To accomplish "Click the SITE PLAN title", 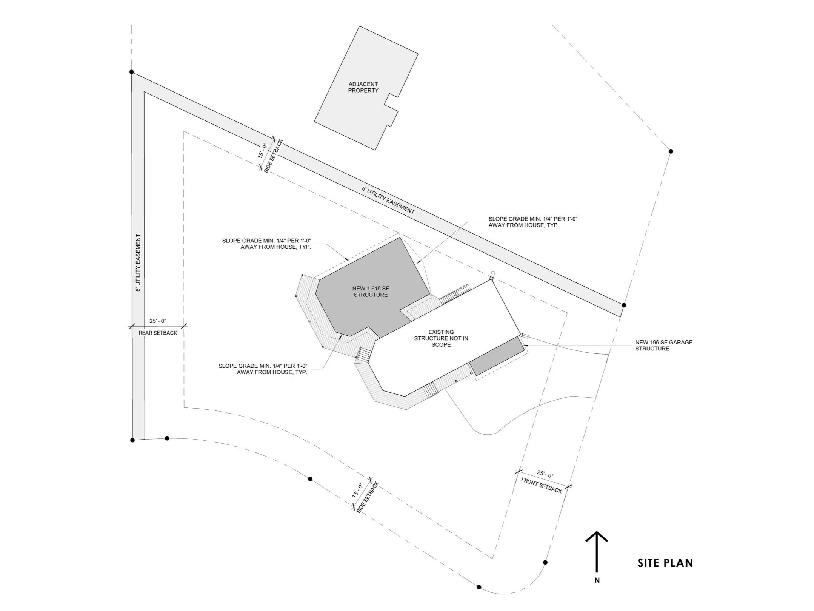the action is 665,573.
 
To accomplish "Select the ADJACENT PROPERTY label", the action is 363,87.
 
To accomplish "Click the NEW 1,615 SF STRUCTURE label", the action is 371,292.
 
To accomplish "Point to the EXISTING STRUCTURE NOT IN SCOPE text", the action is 441,338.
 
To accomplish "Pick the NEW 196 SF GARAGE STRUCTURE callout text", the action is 663,346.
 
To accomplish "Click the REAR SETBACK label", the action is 158,333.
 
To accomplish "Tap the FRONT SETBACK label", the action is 541,485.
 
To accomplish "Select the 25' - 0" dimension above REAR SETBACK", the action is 158,321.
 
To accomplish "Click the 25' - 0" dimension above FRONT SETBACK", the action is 545,474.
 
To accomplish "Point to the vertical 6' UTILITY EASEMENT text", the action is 138,263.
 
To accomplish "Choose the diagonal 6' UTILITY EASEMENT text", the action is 388,200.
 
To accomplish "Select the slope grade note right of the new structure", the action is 533,222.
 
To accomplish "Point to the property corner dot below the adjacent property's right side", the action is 671,151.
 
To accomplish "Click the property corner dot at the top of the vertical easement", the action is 132,72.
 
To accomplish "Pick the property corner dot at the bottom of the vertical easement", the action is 132,440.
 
